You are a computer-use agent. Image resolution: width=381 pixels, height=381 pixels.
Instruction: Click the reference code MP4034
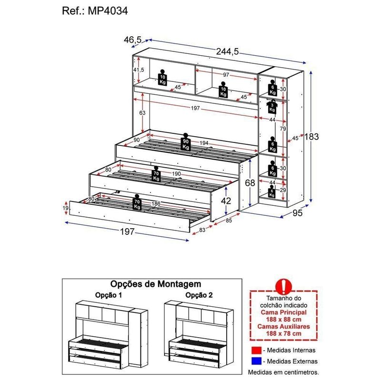111,11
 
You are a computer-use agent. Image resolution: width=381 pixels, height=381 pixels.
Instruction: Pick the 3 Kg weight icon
271,106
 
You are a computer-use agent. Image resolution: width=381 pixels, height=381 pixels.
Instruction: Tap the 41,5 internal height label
139,70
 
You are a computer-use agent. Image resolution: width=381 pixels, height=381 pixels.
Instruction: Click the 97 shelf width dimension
226,75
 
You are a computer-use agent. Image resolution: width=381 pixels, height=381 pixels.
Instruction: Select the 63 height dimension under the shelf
142,113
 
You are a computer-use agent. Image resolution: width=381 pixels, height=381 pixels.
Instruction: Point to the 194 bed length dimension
203,143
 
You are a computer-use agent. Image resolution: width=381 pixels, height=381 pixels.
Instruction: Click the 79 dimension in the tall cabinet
282,129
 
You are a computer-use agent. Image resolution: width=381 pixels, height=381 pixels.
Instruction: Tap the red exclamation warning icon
284,286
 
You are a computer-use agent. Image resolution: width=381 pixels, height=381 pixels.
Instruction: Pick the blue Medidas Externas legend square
257,361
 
